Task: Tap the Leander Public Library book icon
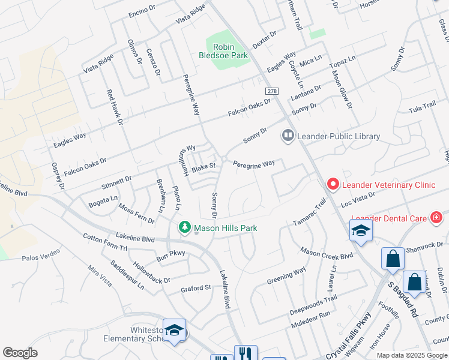coord(289,137)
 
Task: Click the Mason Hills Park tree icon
coord(185,227)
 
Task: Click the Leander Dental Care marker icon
coord(436,218)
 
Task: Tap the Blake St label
coord(203,166)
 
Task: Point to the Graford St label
coord(196,288)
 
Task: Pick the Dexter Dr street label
coord(264,40)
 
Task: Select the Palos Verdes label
coord(42,258)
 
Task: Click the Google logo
coord(20,353)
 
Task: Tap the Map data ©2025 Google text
coord(411,355)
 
